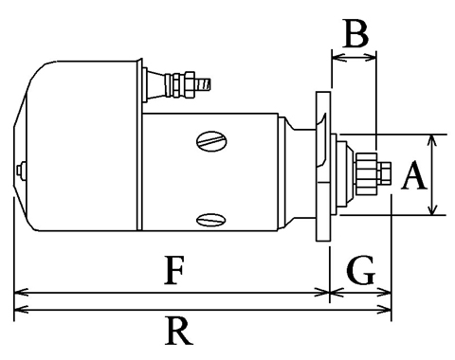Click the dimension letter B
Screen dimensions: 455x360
[x=356, y=33]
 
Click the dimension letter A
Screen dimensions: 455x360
[x=414, y=175]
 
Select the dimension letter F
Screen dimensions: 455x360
[x=174, y=270]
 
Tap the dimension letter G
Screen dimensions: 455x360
[x=360, y=270]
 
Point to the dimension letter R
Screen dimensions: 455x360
[x=178, y=331]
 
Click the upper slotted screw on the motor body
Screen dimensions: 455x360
[x=211, y=141]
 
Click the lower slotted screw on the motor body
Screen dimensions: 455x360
[x=210, y=220]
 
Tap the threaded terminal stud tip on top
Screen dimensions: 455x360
[x=204, y=84]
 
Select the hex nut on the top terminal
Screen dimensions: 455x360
[x=189, y=84]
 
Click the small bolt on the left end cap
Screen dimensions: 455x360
[x=21, y=171]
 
